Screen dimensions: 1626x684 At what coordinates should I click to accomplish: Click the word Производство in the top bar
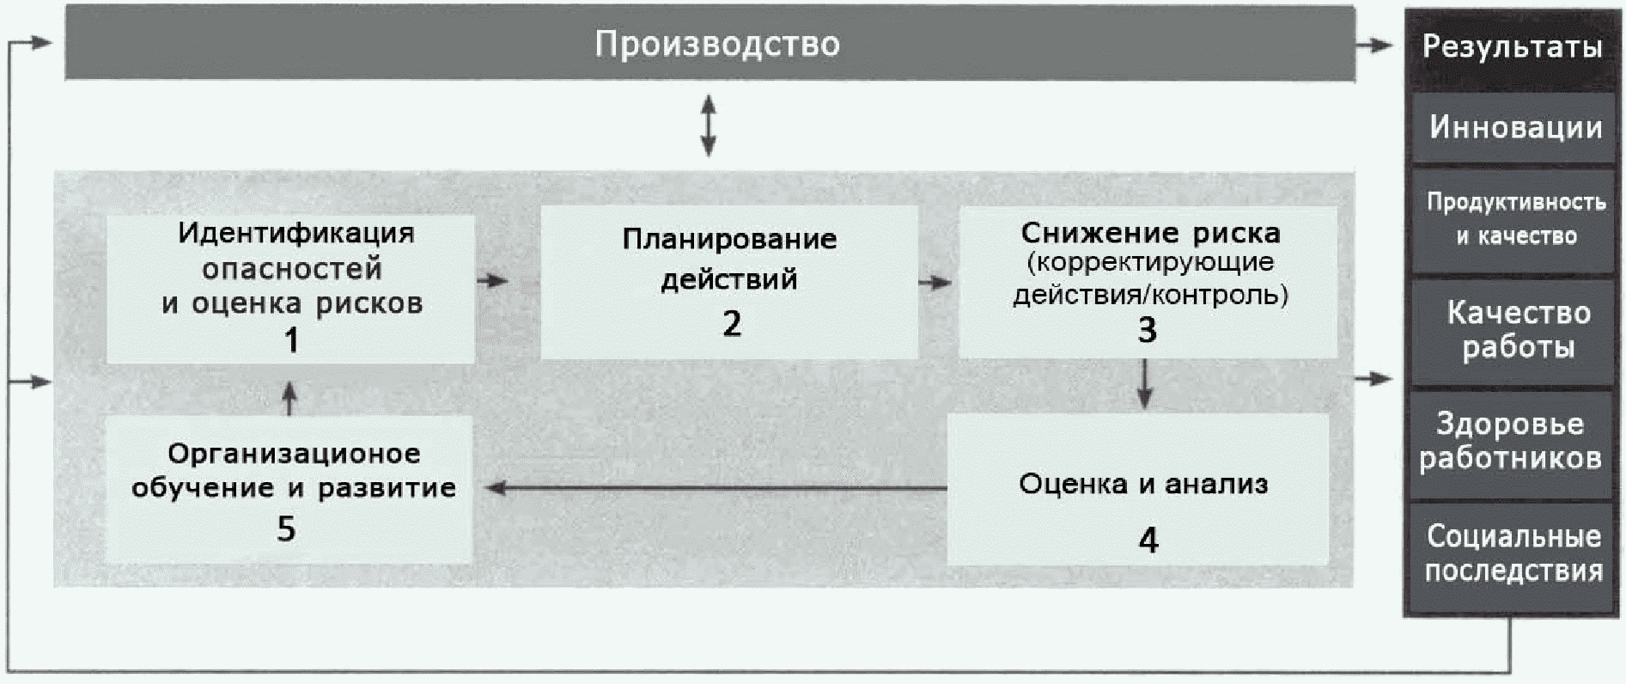717,44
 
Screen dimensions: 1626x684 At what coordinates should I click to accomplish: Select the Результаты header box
1512,46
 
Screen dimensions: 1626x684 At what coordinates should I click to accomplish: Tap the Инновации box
1515,128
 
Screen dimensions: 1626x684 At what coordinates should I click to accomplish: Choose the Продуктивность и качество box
1516,219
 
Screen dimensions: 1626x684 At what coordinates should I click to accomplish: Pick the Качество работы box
1518,330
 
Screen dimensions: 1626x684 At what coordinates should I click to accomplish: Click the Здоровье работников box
1511,441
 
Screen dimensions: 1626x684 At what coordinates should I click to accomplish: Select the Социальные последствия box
1513,553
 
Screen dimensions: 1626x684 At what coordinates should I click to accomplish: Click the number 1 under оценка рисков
291,341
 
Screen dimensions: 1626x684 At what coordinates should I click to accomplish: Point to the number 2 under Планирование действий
731,324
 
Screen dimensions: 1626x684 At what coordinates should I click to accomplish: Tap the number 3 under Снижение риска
1147,330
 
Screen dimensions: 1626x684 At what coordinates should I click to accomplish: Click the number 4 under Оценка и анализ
1148,540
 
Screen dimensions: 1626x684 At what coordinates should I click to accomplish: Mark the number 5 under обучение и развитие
286,528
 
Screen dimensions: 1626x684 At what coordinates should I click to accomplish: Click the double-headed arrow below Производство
709,125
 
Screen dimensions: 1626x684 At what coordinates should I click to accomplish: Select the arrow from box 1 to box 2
493,280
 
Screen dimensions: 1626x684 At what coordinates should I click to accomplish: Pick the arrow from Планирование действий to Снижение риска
935,282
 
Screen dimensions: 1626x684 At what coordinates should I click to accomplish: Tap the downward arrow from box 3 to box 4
1144,384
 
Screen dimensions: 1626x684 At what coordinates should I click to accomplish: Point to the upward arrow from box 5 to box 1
289,399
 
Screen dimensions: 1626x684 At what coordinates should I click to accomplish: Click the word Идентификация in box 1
296,234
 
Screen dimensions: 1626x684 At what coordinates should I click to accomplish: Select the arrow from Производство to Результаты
1375,46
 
